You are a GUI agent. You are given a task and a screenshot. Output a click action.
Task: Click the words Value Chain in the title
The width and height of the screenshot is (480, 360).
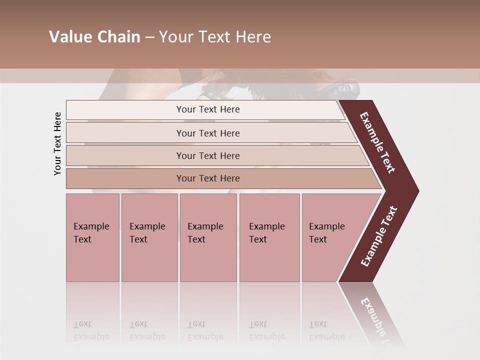click(x=94, y=37)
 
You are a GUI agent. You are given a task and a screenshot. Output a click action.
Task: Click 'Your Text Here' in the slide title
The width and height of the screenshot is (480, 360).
click(x=215, y=37)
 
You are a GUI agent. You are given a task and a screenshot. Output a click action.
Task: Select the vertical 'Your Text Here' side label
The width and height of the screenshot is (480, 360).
click(x=57, y=144)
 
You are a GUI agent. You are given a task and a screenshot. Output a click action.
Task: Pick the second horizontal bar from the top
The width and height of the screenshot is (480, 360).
click(x=207, y=133)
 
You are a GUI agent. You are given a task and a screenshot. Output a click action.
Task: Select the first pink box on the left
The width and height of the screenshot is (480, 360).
click(x=92, y=237)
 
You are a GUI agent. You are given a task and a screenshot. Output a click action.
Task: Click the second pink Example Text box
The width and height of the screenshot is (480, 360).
click(x=149, y=237)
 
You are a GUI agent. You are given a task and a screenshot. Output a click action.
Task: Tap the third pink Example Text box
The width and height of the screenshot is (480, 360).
click(x=208, y=237)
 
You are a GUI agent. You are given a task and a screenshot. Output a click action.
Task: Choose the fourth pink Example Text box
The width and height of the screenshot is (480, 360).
click(x=269, y=237)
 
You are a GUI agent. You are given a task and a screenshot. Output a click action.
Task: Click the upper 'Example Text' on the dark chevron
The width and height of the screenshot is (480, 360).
click(x=377, y=143)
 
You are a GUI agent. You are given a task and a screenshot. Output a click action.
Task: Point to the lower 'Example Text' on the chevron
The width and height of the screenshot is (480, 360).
click(x=379, y=236)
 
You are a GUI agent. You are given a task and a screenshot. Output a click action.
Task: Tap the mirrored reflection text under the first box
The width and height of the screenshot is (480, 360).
click(x=91, y=330)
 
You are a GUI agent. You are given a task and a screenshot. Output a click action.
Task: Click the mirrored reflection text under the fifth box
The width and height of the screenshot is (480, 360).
click(x=327, y=330)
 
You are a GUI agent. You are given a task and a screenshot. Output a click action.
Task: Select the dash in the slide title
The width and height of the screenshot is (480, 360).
click(x=149, y=37)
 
